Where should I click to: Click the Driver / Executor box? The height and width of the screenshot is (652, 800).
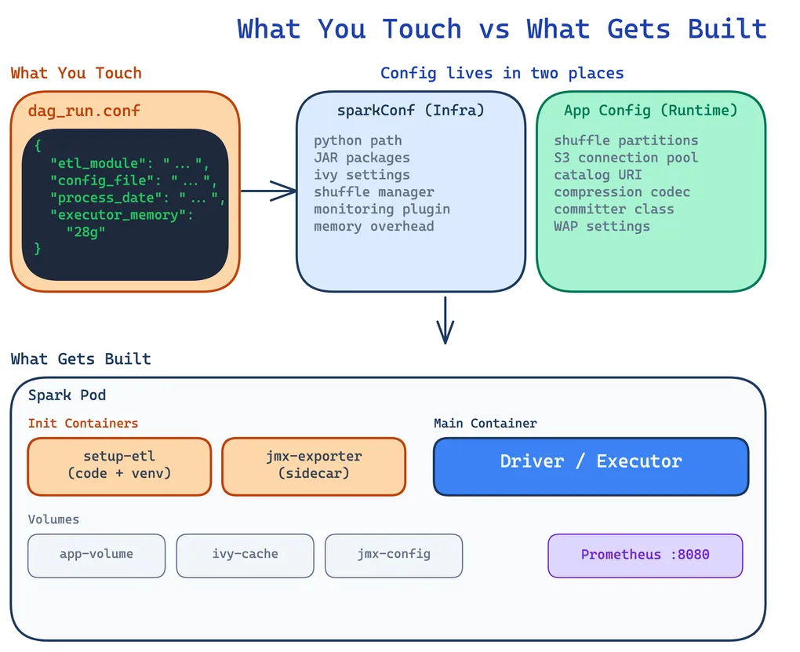[591, 467]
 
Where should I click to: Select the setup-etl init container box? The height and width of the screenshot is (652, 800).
[119, 466]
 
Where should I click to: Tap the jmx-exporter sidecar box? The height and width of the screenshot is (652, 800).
[314, 466]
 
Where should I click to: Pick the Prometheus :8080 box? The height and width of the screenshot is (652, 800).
[645, 555]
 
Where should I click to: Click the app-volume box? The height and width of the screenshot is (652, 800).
[96, 555]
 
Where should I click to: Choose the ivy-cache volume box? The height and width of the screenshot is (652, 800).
[245, 555]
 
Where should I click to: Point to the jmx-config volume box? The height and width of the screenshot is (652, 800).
[394, 555]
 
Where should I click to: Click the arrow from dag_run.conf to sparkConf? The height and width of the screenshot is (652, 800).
[268, 190]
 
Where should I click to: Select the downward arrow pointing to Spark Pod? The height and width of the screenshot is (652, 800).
[445, 320]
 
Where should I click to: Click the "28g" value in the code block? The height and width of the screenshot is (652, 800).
[86, 231]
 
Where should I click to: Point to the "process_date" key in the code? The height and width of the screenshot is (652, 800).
[110, 198]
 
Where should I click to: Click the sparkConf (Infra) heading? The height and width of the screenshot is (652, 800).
[410, 111]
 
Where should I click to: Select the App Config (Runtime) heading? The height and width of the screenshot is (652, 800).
[650, 111]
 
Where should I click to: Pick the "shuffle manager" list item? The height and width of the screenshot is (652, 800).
[373, 191]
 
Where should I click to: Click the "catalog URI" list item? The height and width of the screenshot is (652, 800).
[598, 174]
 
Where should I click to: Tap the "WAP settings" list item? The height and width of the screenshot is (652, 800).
[602, 226]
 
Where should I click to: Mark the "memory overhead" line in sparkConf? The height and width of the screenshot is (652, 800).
[373, 226]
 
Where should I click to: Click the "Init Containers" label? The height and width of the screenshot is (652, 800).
[82, 423]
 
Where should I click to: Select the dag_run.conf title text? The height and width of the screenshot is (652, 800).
[84, 111]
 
